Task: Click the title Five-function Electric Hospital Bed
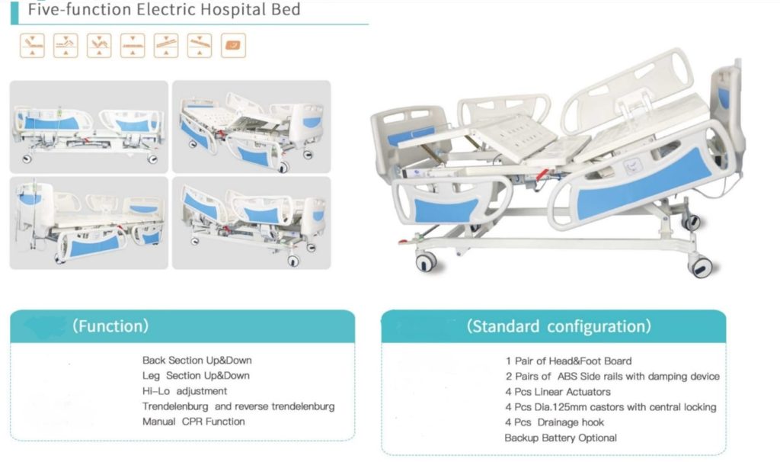[x=165, y=9]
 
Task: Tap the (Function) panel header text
[x=110, y=326]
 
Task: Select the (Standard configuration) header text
[x=558, y=326]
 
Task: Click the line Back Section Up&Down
[x=197, y=360]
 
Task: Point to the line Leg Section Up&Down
[x=196, y=375]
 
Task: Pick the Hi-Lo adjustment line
[x=184, y=391]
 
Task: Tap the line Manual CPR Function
[x=193, y=422]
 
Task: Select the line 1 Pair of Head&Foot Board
[x=568, y=361]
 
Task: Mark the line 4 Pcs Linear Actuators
[x=558, y=392]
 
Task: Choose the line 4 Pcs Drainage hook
[x=555, y=422]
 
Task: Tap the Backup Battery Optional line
[x=561, y=438]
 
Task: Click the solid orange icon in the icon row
[x=233, y=46]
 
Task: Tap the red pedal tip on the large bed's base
[x=404, y=242]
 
